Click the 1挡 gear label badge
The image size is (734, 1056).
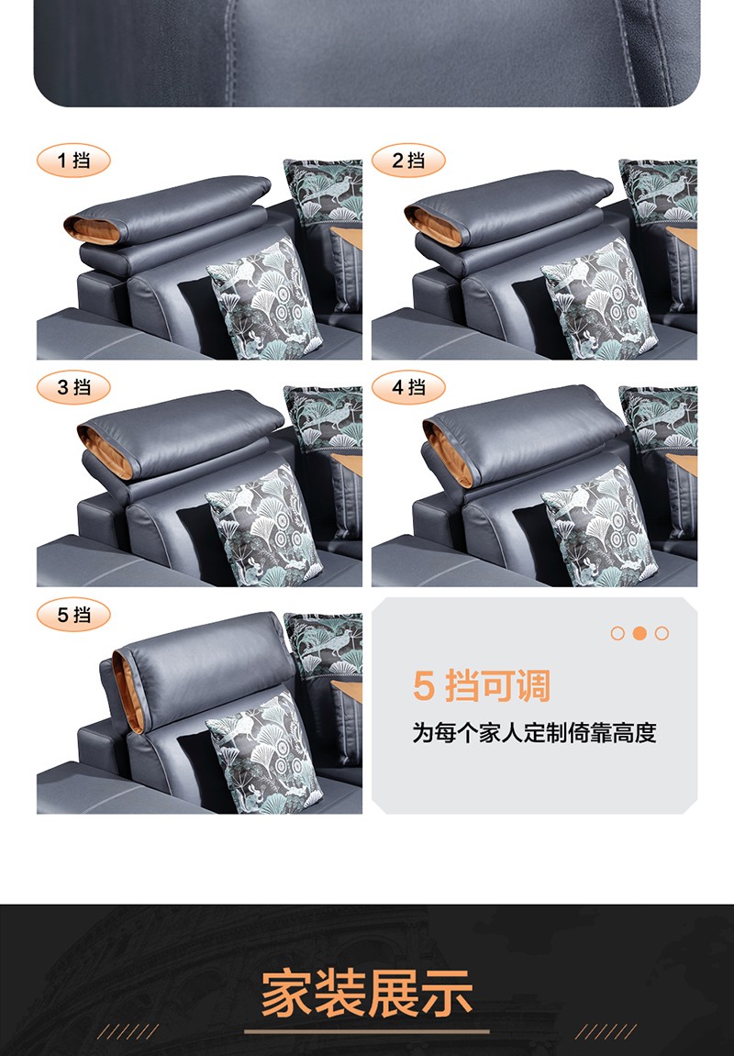pos(73,161)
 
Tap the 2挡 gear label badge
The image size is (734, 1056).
pos(409,161)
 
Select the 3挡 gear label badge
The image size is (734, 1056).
pos(73,387)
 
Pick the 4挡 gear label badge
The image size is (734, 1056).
pos(409,387)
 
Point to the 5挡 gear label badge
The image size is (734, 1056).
pos(73,615)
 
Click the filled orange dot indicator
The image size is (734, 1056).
pos(639,633)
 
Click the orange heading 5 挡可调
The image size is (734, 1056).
pos(482,686)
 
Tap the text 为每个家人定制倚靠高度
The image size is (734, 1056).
pos(534,733)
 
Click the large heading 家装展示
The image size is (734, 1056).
pos(367,993)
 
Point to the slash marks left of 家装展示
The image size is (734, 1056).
pos(128,1031)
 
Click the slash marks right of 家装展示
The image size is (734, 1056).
pos(606,1031)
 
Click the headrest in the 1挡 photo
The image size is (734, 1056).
pos(167,209)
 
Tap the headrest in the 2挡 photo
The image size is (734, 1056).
pos(508,209)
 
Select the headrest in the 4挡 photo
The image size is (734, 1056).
pos(523,433)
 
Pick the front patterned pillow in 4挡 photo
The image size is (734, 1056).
pos(599,527)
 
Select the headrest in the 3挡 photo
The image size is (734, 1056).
pos(181,433)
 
